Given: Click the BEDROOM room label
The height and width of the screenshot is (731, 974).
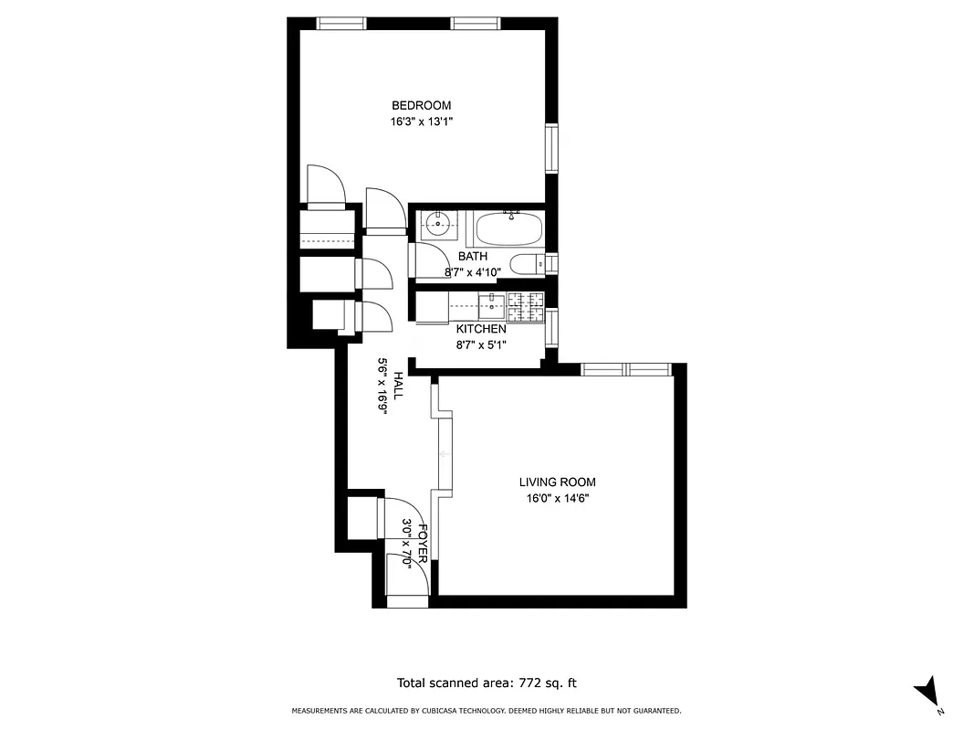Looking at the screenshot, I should pyautogui.click(x=421, y=105).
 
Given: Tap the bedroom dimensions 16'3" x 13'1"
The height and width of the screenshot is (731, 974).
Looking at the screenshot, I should pyautogui.click(x=421, y=121).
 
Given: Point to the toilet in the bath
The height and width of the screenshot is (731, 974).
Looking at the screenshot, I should pyautogui.click(x=525, y=265).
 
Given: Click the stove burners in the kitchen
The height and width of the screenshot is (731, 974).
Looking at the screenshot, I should pyautogui.click(x=525, y=306).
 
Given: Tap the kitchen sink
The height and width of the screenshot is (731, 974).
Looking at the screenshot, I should pyautogui.click(x=492, y=302).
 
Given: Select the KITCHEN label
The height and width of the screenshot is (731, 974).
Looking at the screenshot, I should pyautogui.click(x=481, y=329).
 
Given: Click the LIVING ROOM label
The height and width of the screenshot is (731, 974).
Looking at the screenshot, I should pyautogui.click(x=557, y=482).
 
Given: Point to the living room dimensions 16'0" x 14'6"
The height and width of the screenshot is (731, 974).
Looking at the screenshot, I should pyautogui.click(x=557, y=499).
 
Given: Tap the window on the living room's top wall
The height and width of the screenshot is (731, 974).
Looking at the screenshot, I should pyautogui.click(x=626, y=369).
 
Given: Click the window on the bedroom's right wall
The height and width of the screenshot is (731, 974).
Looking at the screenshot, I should pyautogui.click(x=551, y=148).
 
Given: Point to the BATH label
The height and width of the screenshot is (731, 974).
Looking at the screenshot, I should pyautogui.click(x=472, y=257).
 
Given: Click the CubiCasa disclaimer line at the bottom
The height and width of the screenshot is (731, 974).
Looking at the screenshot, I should pyautogui.click(x=486, y=711).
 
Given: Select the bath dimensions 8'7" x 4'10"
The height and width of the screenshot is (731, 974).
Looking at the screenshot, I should pyautogui.click(x=472, y=272).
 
